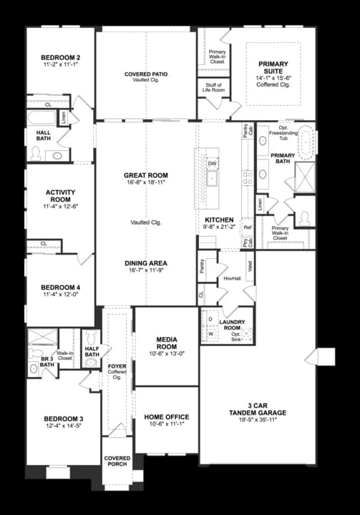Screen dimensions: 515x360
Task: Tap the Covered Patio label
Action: pos(145,74)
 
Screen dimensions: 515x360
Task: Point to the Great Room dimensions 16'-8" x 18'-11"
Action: pos(145,183)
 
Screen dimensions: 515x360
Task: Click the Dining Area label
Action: pos(145,263)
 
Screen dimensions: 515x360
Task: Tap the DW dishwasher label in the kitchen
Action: pos(212,163)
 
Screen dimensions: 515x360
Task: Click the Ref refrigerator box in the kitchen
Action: pos(248,228)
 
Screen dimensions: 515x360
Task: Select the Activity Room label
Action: pos(60,196)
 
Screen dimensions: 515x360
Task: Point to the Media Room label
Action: pos(166,342)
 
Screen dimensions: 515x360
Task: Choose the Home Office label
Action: pos(166,417)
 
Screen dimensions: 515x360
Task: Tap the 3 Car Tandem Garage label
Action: pos(258,409)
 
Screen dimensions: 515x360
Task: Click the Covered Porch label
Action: pos(117,461)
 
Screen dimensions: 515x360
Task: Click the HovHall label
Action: pos(231,278)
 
